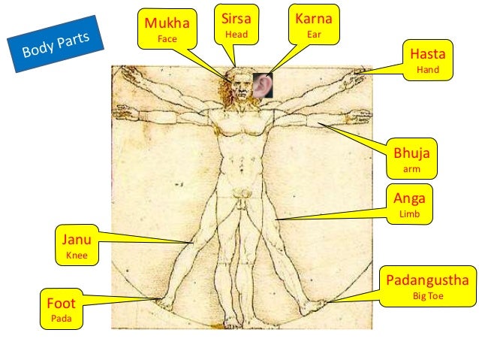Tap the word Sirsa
click(236, 18)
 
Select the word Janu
click(76, 241)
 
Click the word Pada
click(59, 319)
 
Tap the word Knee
click(76, 256)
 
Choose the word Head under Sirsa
click(236, 34)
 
